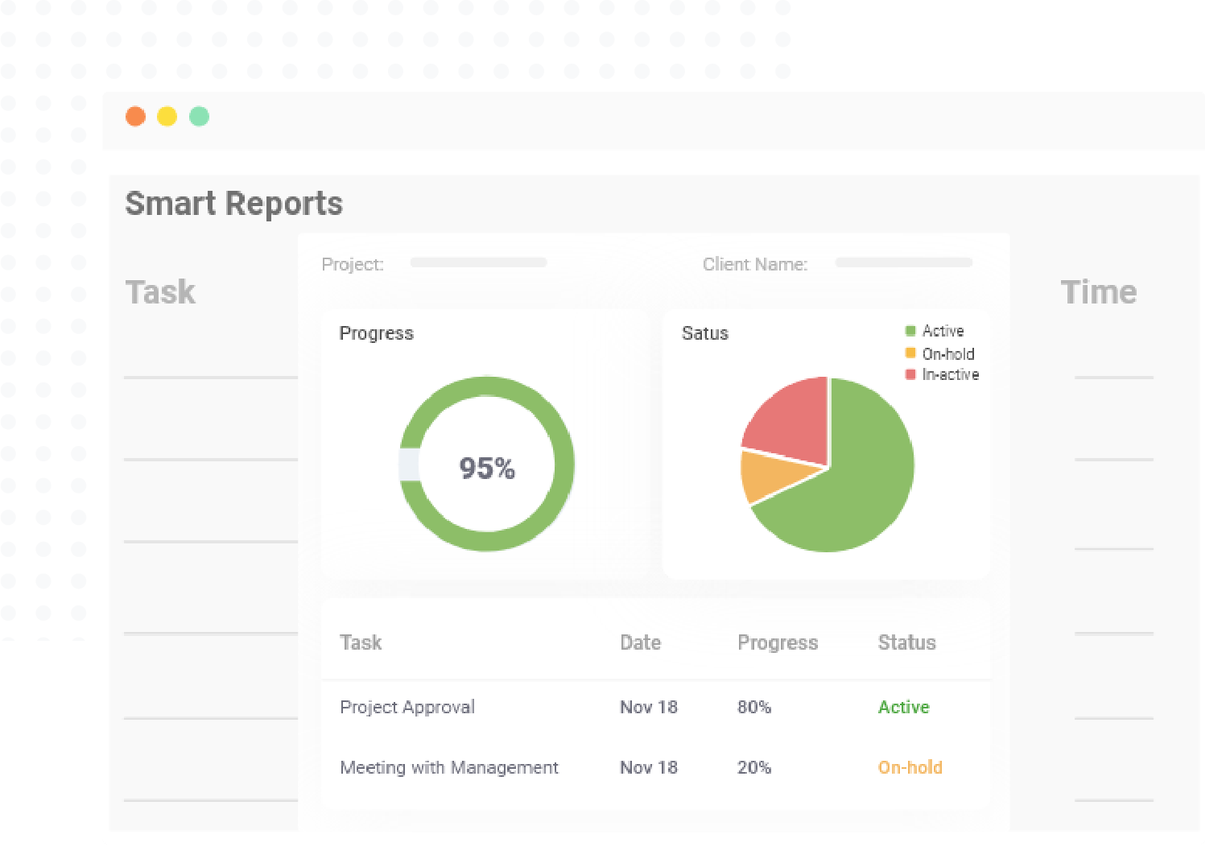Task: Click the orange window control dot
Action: pos(135,117)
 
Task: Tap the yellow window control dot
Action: pos(167,117)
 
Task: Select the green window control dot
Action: pos(199,117)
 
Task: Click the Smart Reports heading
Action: pos(233,204)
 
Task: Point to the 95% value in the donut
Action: pos(487,468)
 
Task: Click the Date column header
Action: pos(640,642)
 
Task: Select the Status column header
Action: pos(906,642)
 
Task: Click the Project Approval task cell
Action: pos(407,707)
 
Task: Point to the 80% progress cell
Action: pos(754,707)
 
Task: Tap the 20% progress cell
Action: pos(754,767)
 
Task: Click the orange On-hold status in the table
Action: pos(910,767)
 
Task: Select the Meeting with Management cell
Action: pos(449,767)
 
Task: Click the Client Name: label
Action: pos(754,264)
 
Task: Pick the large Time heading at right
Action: pos(1098,292)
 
